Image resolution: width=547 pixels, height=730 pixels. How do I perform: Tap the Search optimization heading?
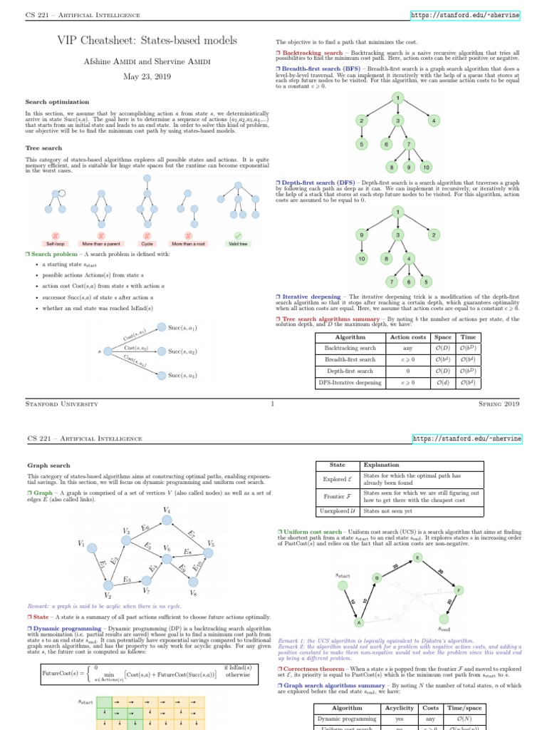point(54,101)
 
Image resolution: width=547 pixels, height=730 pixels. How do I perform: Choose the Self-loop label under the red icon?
point(55,244)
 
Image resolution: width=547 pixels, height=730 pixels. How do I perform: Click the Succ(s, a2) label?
point(182,351)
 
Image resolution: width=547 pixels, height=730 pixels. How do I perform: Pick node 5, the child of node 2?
point(363,144)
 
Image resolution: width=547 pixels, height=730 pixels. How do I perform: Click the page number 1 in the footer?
point(273,404)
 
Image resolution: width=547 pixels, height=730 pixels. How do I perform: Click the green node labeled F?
point(459,591)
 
